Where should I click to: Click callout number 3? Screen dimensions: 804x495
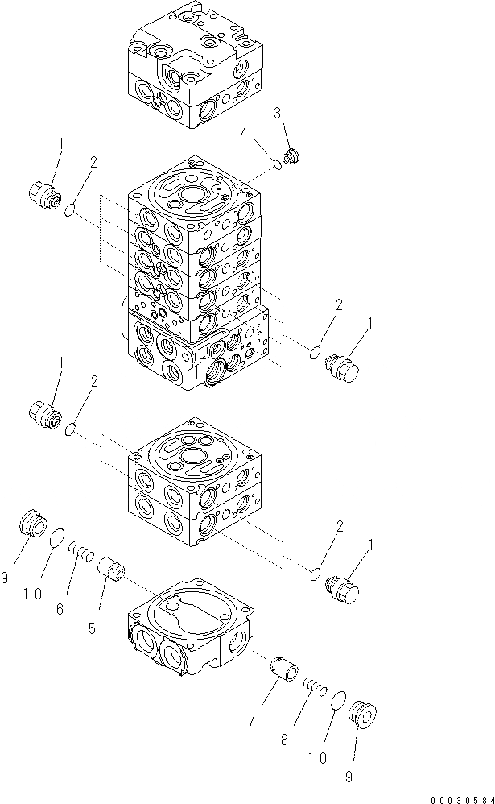click(x=278, y=114)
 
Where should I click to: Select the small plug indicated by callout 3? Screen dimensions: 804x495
click(x=293, y=155)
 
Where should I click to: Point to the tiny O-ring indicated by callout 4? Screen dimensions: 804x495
click(x=278, y=165)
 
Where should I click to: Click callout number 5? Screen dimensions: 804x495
click(x=93, y=627)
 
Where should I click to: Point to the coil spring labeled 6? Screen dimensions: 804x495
click(x=82, y=552)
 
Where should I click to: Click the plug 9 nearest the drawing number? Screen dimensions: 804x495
click(x=365, y=715)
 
